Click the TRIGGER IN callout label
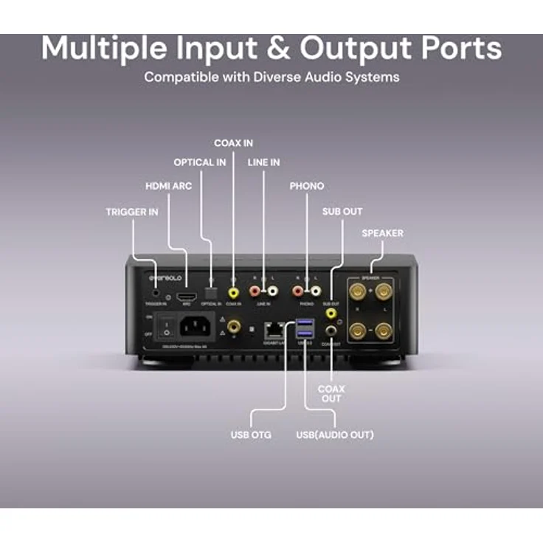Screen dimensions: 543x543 coord(132,212)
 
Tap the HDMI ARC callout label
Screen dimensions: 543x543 coord(168,186)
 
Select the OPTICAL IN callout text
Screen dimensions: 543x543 coord(200,162)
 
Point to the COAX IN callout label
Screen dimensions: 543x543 coord(233,142)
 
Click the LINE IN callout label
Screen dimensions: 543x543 coord(264,162)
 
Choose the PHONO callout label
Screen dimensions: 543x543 coord(307,186)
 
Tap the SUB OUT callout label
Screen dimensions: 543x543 coord(342,212)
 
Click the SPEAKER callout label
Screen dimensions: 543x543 coord(382,233)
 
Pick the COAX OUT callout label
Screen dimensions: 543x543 coord(331,393)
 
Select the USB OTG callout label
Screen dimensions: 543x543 coord(251,435)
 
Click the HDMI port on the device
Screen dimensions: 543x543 coord(184,283)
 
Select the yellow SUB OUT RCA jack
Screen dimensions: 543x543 coord(331,314)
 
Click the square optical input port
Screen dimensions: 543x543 coord(212,283)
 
